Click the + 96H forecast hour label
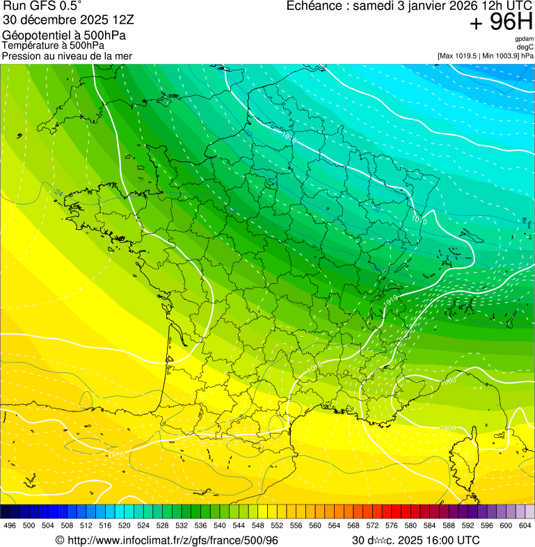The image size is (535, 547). [501, 22]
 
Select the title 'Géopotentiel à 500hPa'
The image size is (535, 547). [64, 35]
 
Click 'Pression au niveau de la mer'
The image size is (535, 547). [67, 56]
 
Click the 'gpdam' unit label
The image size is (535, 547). [525, 39]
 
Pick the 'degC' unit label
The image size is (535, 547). [526, 47]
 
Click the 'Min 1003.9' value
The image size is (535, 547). [502, 56]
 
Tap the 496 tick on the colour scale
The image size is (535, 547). [10, 525]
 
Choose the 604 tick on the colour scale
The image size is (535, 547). [525, 525]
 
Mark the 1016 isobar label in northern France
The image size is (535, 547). [289, 139]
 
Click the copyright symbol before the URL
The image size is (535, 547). [60, 540]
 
